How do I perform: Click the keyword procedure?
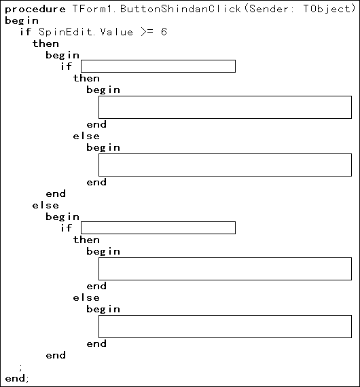pos(35,10)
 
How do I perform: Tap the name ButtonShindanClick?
pos(181,9)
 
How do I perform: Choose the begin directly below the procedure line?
pos(22,21)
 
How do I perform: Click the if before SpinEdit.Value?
pos(26,32)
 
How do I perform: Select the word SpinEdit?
pos(66,32)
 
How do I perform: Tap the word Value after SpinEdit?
pos(117,32)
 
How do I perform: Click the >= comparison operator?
pos(147,32)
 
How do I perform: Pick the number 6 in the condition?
pos(164,32)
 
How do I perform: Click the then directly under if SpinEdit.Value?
pos(46,43)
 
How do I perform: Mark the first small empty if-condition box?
pos(158,66)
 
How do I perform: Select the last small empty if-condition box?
pos(158,227)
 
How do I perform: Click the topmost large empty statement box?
pos(226,107)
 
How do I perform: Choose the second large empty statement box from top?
pos(226,165)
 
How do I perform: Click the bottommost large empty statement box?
pos(226,327)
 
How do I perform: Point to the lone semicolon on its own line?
pos(21,368)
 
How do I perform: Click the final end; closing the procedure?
pos(17,378)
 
